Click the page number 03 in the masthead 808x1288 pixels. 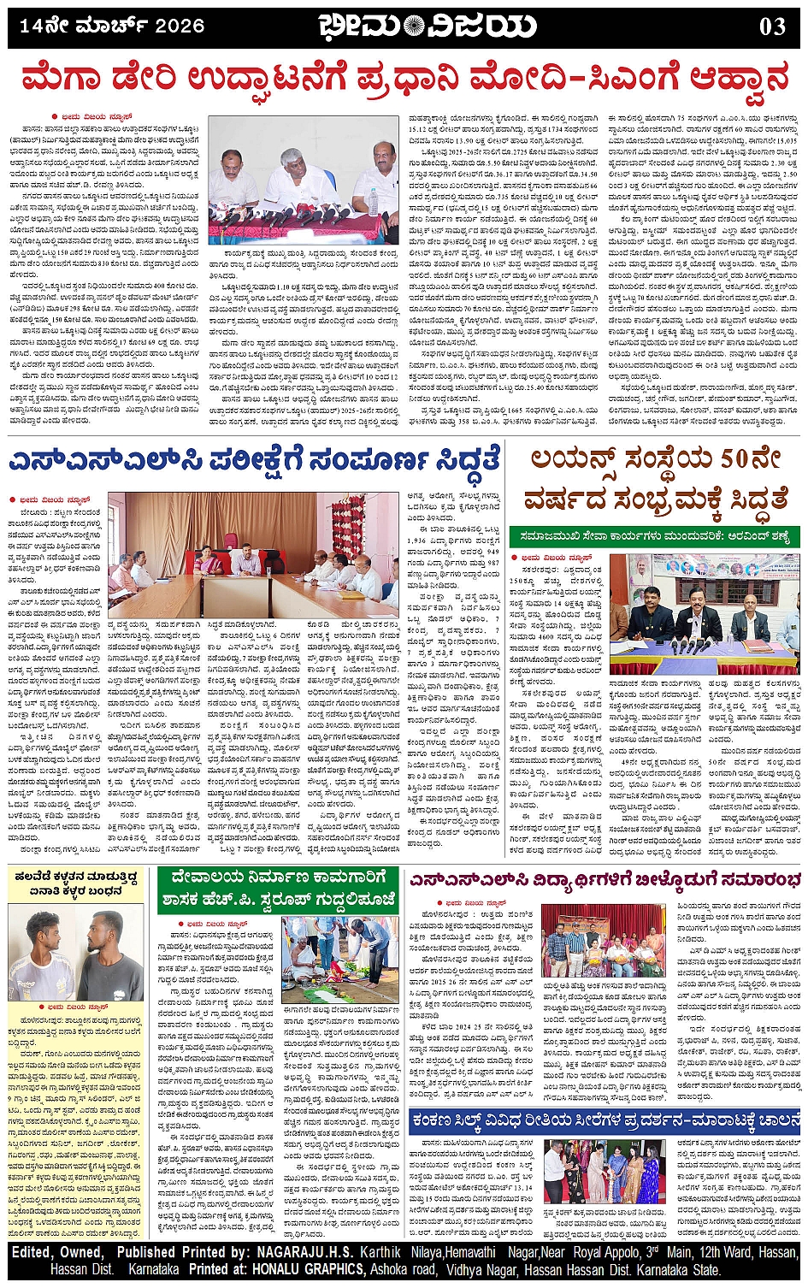tap(772, 27)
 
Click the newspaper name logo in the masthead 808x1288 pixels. tap(428, 27)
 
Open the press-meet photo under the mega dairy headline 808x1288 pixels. tap(304, 181)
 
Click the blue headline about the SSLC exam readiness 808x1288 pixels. tap(254, 461)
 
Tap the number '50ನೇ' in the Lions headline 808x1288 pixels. tap(752, 459)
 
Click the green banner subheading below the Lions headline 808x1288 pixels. tap(654, 536)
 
